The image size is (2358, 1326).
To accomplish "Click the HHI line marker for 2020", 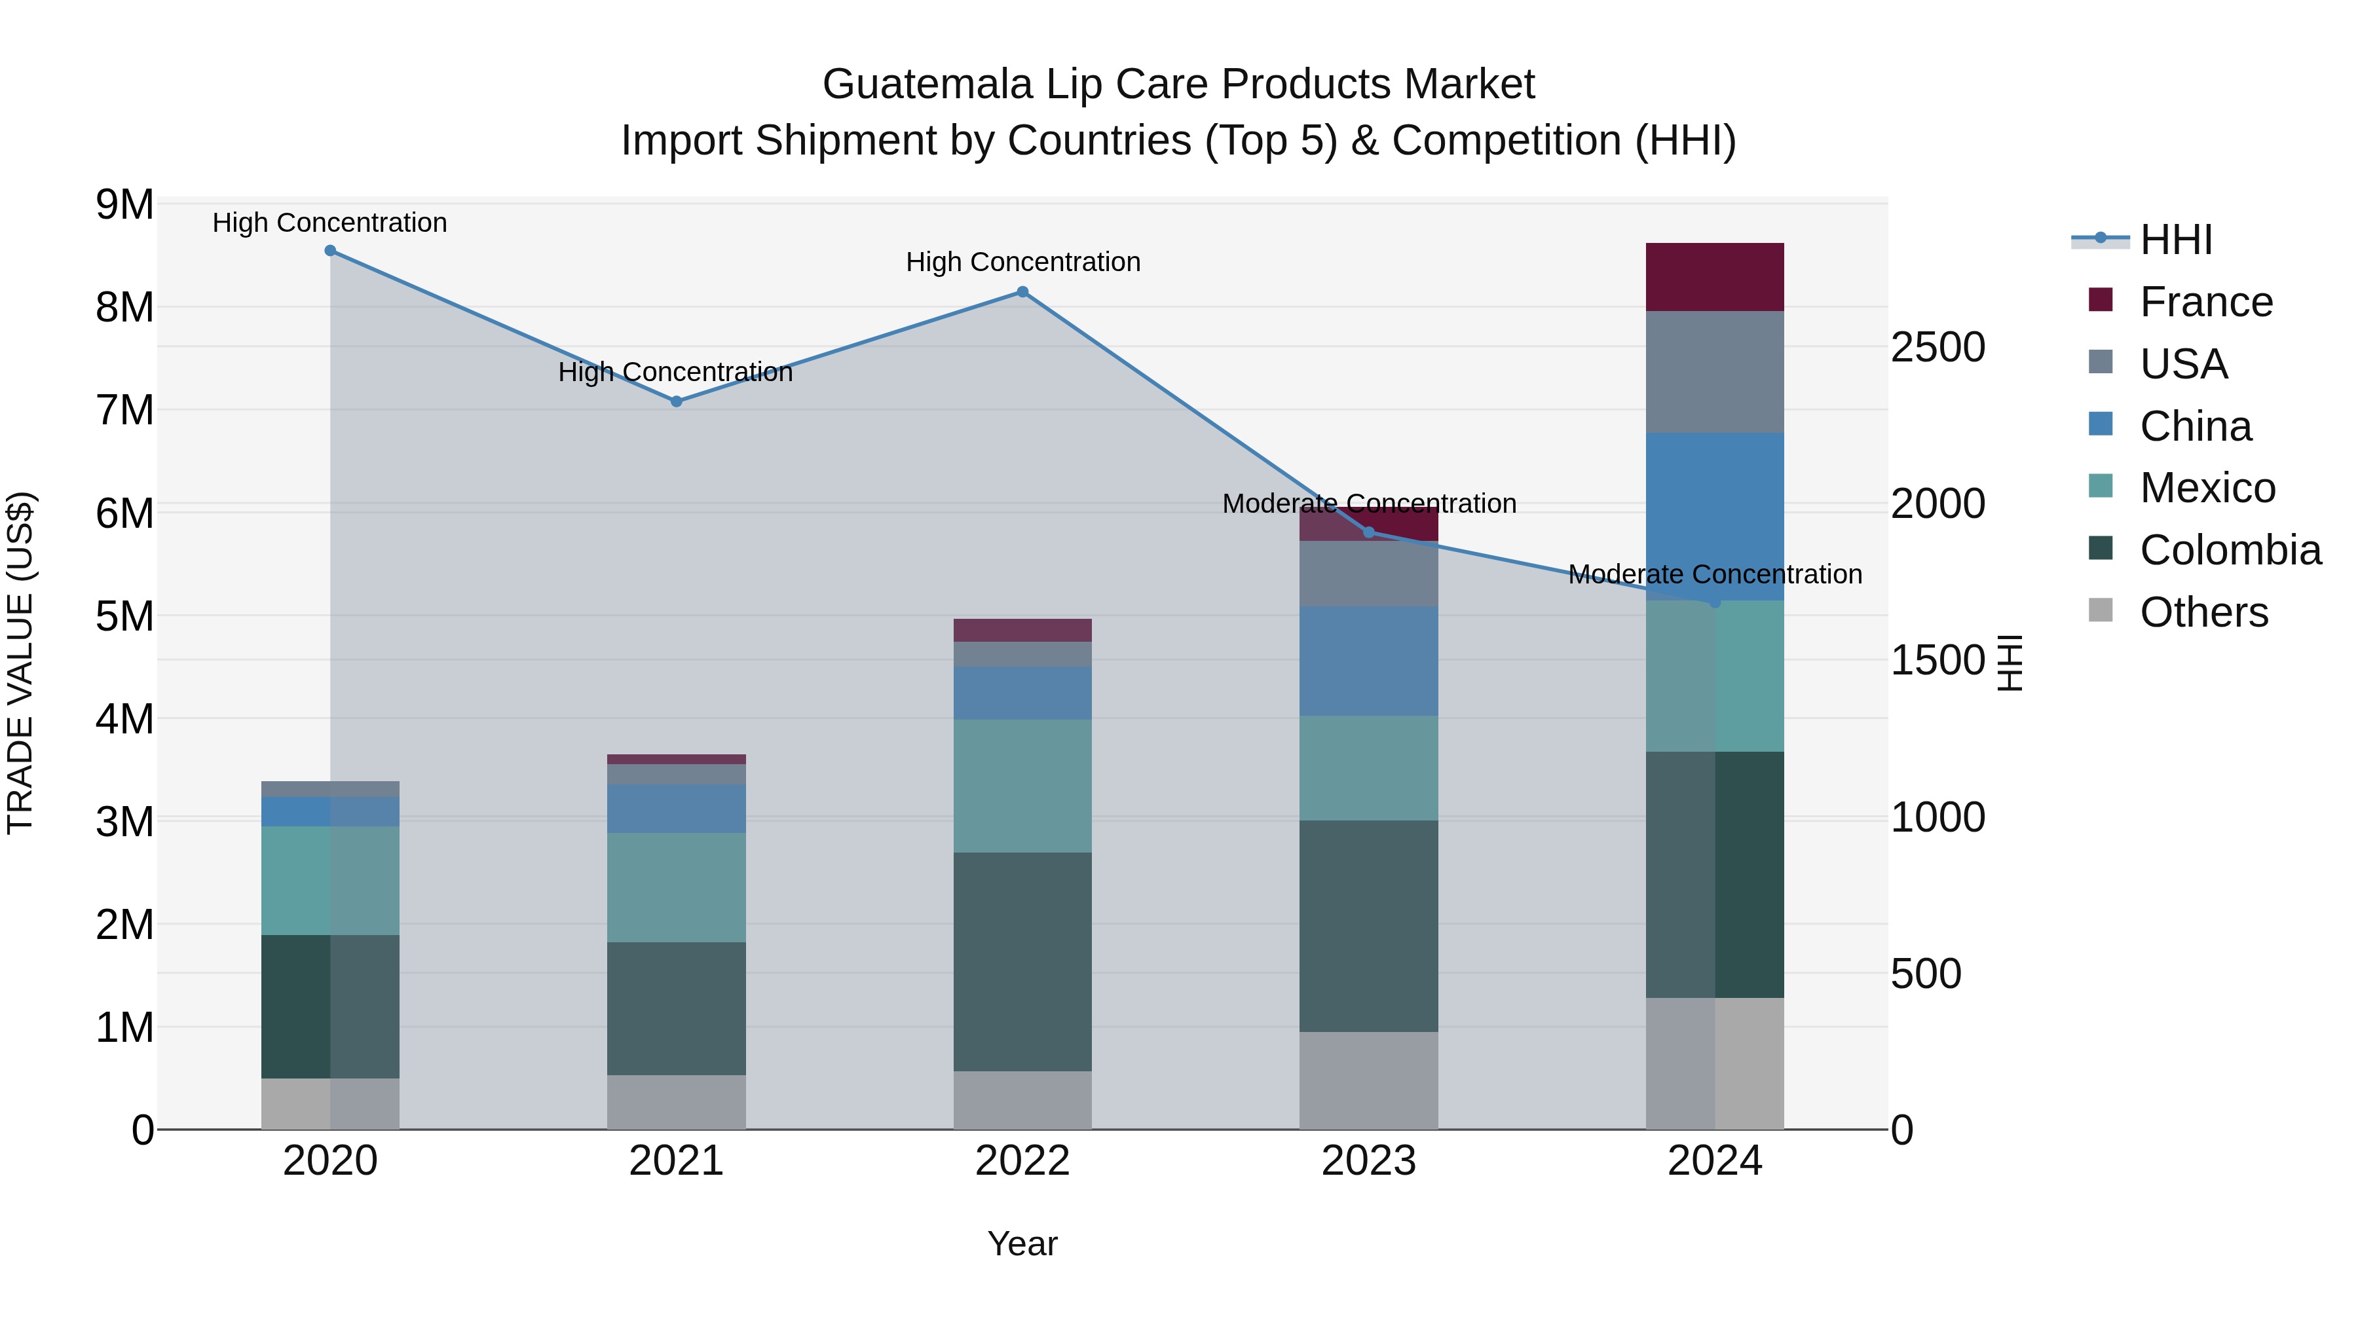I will pos(331,251).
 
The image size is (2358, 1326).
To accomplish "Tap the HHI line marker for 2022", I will pos(1022,292).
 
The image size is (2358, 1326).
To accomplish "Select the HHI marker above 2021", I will pos(677,401).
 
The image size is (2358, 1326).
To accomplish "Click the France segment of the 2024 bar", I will pos(1715,277).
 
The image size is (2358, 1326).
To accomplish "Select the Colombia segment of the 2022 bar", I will pos(1022,961).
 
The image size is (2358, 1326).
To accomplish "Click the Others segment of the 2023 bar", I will pos(1368,1080).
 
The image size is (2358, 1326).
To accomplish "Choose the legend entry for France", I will pos(2206,302).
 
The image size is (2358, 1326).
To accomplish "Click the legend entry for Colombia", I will pos(2230,550).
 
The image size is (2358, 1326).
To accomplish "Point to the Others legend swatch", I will pos(2101,612).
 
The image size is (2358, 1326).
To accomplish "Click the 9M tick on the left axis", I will pos(124,205).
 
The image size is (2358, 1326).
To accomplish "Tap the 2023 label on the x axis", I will pos(1368,1161).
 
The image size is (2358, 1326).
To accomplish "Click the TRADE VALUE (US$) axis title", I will pos(20,663).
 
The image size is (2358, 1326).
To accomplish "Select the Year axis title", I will pos(1022,1243).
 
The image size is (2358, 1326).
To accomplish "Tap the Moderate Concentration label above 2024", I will pos(1715,575).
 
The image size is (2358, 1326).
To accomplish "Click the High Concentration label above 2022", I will pos(1022,263).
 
